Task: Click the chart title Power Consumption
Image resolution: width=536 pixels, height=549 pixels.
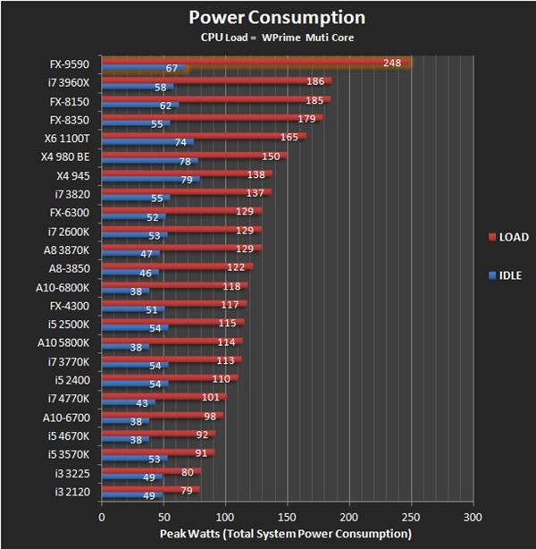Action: [276, 17]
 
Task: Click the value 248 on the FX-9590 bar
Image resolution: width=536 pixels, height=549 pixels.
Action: [391, 63]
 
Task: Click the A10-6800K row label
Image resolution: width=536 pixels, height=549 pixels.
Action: [64, 287]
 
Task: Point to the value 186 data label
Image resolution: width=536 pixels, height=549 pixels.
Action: [314, 81]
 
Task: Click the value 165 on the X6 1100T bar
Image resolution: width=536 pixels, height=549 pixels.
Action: [289, 137]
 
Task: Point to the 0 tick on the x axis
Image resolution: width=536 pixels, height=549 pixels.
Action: [102, 517]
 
